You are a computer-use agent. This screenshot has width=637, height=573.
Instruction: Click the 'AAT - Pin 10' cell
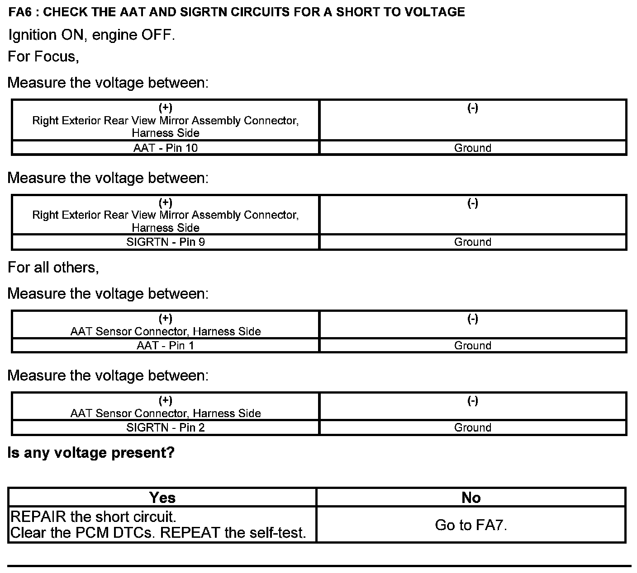point(166,148)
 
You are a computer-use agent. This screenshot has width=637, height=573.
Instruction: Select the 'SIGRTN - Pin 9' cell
point(166,242)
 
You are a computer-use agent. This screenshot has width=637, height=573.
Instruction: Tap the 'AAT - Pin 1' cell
point(166,346)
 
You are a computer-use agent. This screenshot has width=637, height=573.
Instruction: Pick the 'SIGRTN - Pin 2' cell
point(166,427)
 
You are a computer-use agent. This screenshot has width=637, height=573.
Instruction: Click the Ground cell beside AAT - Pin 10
point(473,148)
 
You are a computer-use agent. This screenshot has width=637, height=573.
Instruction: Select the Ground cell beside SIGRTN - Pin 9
point(473,242)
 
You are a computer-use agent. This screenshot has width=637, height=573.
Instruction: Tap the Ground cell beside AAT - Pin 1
point(473,346)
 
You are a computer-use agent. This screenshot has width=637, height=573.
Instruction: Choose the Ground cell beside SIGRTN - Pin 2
point(473,427)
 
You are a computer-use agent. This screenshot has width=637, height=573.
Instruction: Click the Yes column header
point(162,498)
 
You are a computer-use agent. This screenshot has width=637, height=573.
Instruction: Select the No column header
point(471,498)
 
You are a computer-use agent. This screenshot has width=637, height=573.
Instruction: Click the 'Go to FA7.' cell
point(471,525)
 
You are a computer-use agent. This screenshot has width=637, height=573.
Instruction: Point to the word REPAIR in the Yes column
point(38,517)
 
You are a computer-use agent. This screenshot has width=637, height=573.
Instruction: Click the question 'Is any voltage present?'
point(91,453)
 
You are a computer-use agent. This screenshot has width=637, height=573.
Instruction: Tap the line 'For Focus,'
point(43,56)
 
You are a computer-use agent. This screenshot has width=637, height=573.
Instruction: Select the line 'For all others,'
point(53,268)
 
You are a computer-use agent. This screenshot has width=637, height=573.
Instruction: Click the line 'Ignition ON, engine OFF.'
point(91,35)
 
